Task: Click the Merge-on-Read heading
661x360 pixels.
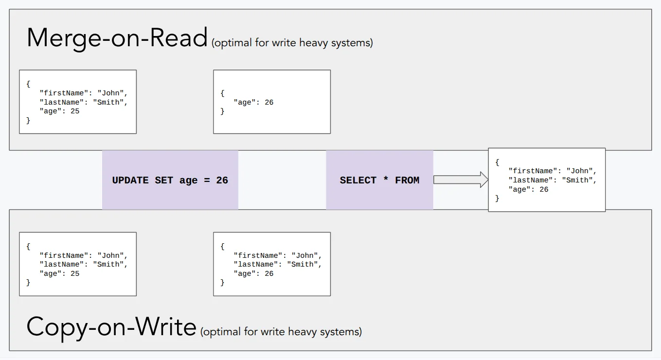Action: pyautogui.click(x=117, y=38)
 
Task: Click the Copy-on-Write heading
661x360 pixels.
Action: pyautogui.click(x=111, y=327)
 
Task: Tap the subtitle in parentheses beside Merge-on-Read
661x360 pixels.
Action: pyautogui.click(x=292, y=43)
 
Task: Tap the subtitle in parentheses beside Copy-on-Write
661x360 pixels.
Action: pyautogui.click(x=281, y=332)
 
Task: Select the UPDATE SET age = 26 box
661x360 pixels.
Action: pyautogui.click(x=170, y=180)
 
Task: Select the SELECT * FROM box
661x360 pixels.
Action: pyautogui.click(x=379, y=180)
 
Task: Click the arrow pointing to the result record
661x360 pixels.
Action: pyautogui.click(x=460, y=180)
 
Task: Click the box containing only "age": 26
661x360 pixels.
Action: pyautogui.click(x=271, y=102)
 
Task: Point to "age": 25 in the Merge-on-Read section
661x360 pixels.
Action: pyautogui.click(x=59, y=111)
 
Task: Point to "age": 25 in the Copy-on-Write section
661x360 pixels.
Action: pyautogui.click(x=59, y=273)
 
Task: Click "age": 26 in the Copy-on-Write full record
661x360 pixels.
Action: pyautogui.click(x=253, y=273)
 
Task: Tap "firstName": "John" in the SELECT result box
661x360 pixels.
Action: pyautogui.click(x=552, y=171)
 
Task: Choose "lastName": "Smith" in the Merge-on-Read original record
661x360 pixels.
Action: pyautogui.click(x=83, y=102)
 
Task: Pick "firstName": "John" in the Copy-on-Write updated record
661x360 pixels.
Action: pyautogui.click(x=277, y=255)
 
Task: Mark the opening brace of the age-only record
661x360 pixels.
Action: pyautogui.click(x=222, y=93)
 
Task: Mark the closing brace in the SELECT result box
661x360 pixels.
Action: pyautogui.click(x=497, y=198)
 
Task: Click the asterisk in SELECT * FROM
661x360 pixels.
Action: pyautogui.click(x=386, y=180)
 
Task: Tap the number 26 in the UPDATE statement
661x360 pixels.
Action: pyautogui.click(x=222, y=180)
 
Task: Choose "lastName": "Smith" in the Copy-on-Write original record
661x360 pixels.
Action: pyautogui.click(x=83, y=264)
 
